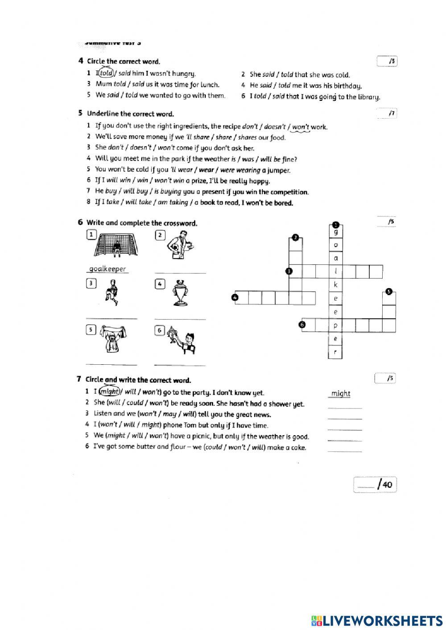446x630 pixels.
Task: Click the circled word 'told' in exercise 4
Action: (x=106, y=74)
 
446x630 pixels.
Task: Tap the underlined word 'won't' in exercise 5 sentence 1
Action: (x=301, y=127)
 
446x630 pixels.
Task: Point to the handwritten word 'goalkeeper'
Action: (x=107, y=269)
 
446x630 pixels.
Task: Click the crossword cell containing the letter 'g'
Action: (x=335, y=232)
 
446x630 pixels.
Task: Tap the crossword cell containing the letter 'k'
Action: (x=335, y=285)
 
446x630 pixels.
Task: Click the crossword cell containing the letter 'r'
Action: (x=335, y=352)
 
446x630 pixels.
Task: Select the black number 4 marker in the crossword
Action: (x=235, y=297)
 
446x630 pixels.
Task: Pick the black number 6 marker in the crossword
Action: (x=303, y=325)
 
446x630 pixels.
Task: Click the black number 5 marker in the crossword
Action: (x=389, y=292)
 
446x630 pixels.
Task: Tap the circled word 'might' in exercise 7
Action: (x=109, y=392)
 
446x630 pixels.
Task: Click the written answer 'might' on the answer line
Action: (x=341, y=393)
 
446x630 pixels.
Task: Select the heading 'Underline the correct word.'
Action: (x=130, y=114)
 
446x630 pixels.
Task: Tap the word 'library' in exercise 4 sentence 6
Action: (x=369, y=97)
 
